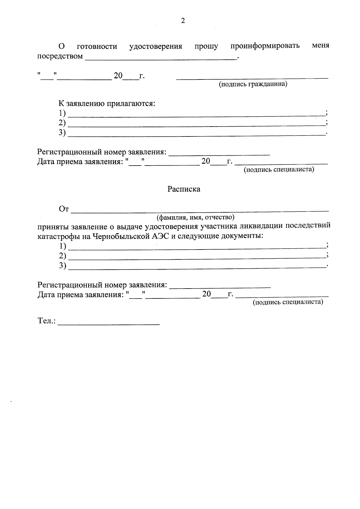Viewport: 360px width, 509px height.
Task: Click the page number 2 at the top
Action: pyautogui.click(x=183, y=21)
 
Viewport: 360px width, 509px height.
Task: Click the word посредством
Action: pyautogui.click(x=60, y=56)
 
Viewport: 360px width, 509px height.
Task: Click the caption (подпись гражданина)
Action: pyautogui.click(x=253, y=84)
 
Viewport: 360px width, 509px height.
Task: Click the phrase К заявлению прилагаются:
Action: pyautogui.click(x=107, y=104)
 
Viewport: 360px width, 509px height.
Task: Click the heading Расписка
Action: pyautogui.click(x=184, y=189)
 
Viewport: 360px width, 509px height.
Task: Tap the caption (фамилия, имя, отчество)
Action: pyautogui.click(x=195, y=217)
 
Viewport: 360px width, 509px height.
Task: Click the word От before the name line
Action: pyautogui.click(x=64, y=209)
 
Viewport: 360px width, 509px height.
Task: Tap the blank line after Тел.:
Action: pyautogui.click(x=109, y=324)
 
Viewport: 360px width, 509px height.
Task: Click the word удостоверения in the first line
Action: pyautogui.click(x=156, y=46)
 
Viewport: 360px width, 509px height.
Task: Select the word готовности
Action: pyautogui.click(x=97, y=46)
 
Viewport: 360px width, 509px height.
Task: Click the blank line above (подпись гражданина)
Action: pyautogui.click(x=252, y=78)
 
